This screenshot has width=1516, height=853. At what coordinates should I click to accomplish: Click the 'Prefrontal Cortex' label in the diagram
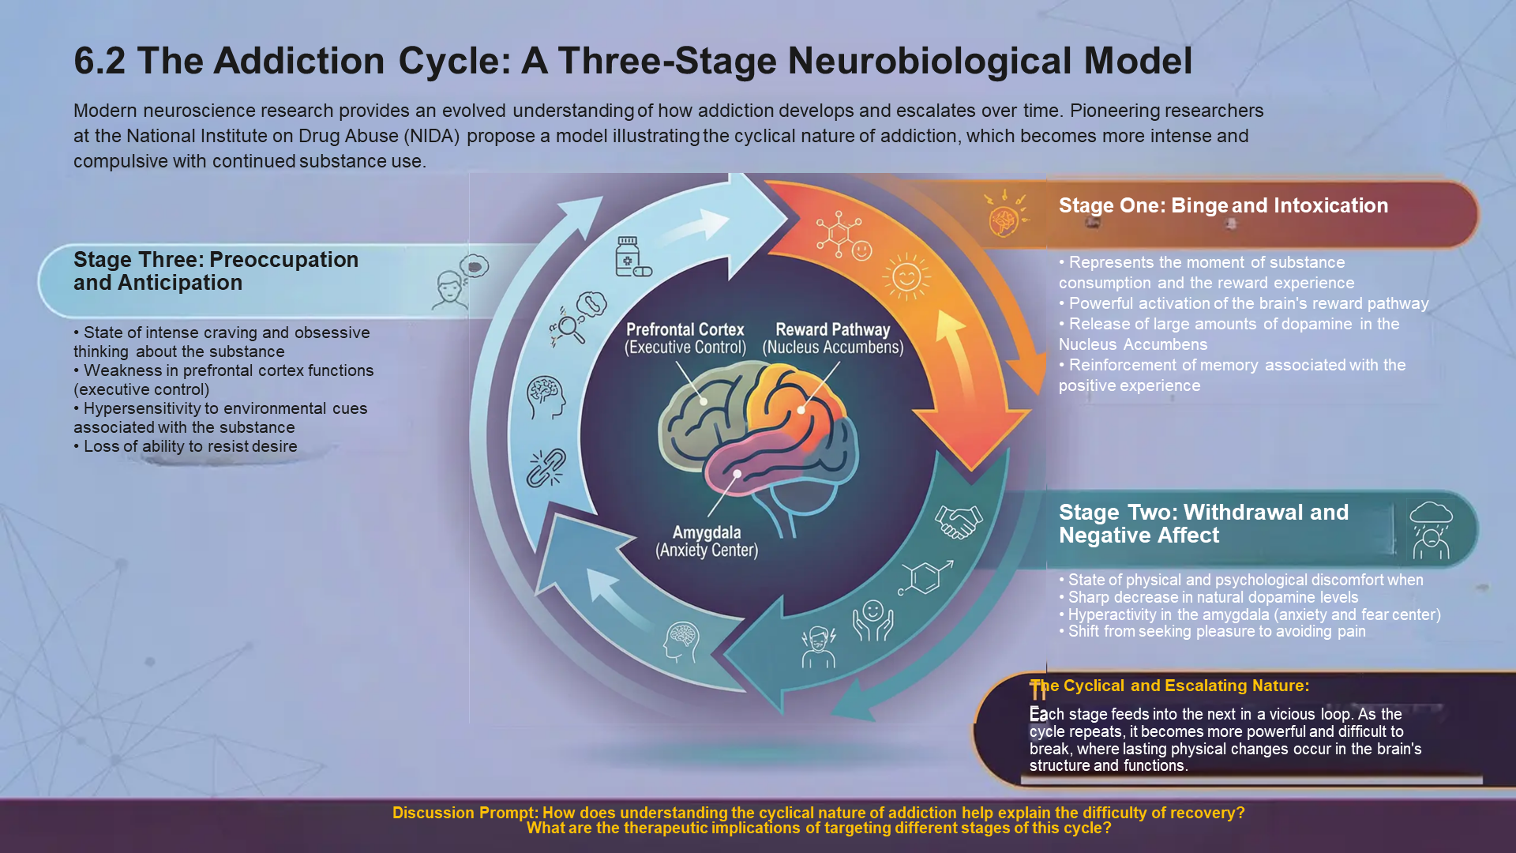(685, 330)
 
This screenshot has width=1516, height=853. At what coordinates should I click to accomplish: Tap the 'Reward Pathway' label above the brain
(833, 330)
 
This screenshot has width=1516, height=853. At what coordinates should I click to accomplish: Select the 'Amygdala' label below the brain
(707, 532)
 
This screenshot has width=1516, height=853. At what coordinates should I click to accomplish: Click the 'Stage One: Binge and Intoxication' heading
(1223, 205)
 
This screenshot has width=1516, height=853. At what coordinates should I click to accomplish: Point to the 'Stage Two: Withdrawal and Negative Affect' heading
(1203, 524)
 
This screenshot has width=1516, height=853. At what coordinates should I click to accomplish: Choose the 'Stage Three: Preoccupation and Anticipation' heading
(216, 271)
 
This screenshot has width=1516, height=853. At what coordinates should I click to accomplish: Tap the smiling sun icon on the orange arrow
(906, 276)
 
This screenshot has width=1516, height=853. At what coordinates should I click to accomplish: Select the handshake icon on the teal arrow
(959, 522)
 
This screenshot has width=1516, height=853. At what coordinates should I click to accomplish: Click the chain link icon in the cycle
(546, 468)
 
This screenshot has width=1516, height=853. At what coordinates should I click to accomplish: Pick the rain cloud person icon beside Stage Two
(1431, 531)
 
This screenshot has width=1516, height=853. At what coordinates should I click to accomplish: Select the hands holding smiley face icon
(872, 621)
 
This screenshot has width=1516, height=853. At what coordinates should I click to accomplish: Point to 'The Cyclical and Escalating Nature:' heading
(1169, 686)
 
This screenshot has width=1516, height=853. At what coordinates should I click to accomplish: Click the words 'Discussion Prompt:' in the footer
(465, 813)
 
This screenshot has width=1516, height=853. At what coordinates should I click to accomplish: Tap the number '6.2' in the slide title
(99, 61)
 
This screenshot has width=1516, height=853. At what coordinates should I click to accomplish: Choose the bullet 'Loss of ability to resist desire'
(186, 446)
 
